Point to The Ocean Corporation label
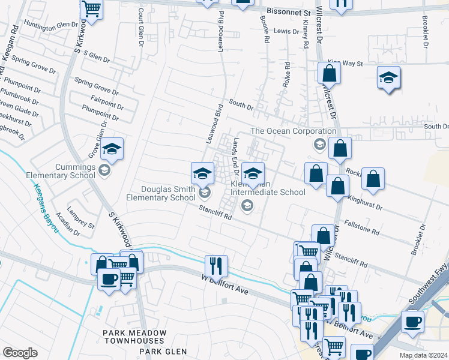point(293,131)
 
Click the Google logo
point(20,352)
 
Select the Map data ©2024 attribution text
point(423,355)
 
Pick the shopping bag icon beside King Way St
point(329,74)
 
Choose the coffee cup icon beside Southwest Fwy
point(412,321)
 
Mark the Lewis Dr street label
point(286,31)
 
